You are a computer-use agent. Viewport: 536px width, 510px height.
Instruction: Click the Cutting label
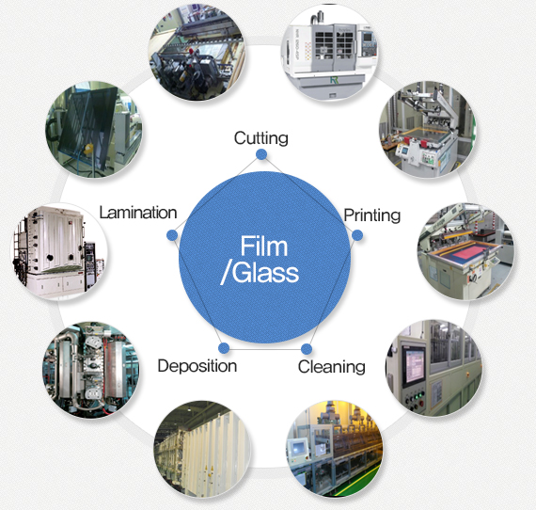[x=261, y=138]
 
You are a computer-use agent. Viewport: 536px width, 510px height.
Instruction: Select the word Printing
[x=372, y=215]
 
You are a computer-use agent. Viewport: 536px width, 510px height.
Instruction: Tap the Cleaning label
[x=332, y=367]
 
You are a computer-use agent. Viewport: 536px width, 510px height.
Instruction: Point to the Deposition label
[x=197, y=366]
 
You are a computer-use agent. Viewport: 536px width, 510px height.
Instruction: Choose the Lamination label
[x=138, y=213]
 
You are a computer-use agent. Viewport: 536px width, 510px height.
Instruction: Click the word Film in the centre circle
[x=264, y=246]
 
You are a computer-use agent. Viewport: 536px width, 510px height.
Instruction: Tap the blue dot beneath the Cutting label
[x=261, y=154]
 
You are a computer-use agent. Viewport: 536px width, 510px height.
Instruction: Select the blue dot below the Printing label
[x=357, y=235]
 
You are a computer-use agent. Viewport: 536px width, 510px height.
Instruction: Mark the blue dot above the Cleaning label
[x=307, y=349]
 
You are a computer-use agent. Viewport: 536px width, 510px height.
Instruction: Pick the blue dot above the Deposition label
[x=224, y=348]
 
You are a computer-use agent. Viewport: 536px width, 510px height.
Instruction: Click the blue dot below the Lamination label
[x=172, y=235]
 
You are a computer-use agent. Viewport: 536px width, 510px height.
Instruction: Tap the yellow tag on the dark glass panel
[x=88, y=148]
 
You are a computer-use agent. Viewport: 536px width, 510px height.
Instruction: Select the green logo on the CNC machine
[x=334, y=80]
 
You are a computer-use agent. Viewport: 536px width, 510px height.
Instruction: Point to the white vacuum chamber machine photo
[x=58, y=252]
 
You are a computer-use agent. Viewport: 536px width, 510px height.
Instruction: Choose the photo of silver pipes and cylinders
[x=90, y=370]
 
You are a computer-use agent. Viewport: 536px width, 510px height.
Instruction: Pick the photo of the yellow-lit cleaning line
[x=335, y=449]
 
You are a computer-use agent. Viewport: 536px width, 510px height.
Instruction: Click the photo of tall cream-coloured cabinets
[x=202, y=449]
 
